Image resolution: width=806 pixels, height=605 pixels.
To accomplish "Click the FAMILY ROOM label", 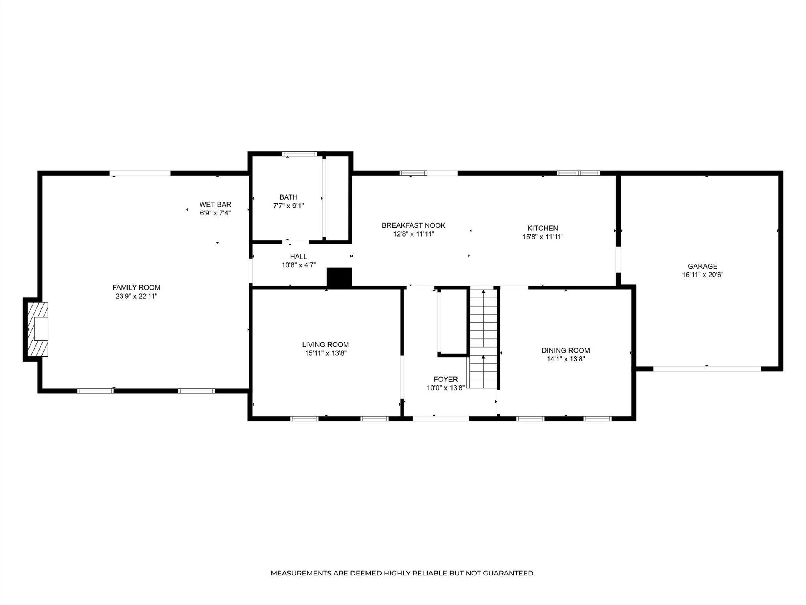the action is [x=136, y=287].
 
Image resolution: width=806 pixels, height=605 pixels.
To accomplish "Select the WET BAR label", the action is [x=215, y=204].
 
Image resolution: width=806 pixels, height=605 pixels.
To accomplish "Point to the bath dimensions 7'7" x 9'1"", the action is [x=288, y=206].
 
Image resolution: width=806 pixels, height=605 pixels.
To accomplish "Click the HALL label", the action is [x=299, y=257].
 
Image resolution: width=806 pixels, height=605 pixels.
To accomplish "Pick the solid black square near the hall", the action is [x=339, y=277].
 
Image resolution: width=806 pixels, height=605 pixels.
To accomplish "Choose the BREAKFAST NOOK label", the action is [x=413, y=225].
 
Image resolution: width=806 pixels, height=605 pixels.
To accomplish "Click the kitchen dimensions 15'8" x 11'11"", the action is [x=543, y=237].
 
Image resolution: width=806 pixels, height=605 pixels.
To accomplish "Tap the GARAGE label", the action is [x=702, y=266].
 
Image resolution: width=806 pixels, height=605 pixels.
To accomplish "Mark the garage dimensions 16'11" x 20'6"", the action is [x=702, y=275].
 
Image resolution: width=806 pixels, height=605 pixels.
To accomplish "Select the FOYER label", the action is [x=446, y=379].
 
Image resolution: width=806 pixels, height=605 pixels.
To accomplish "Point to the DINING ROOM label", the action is [x=566, y=350].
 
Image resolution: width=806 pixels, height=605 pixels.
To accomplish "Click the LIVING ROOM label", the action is [x=325, y=345].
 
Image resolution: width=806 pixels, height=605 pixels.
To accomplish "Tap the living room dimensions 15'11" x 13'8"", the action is [x=326, y=353].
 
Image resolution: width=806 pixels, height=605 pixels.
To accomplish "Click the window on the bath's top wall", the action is [x=299, y=154].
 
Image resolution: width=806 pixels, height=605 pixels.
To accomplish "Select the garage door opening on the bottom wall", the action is [x=707, y=369].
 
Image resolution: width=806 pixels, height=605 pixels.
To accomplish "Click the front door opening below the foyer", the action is [x=441, y=419].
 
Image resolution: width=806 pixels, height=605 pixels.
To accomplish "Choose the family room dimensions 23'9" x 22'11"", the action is [x=136, y=296].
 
